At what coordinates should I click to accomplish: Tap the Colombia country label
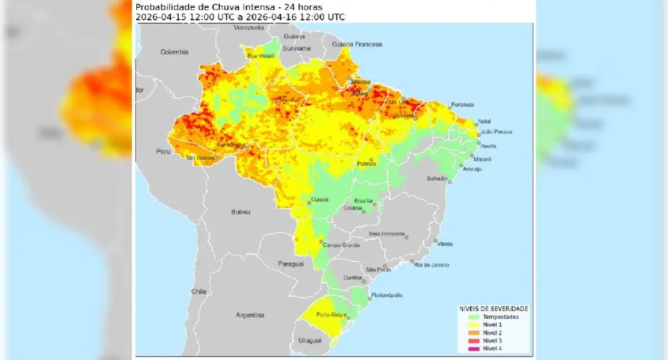tap(174, 52)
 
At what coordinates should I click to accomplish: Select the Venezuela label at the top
tap(249, 28)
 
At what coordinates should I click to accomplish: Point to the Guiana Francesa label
tap(357, 44)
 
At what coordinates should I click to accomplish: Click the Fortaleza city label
tap(461, 104)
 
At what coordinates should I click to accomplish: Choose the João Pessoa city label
tap(495, 132)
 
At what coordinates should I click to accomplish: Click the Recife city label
tap(488, 146)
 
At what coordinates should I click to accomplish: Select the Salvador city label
tap(437, 178)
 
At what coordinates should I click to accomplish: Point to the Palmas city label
tap(366, 164)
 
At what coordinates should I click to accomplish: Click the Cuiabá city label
tap(320, 200)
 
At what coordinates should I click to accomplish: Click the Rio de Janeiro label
tap(433, 264)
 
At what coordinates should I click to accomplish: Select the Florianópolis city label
tap(387, 295)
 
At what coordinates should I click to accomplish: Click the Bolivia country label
tap(241, 212)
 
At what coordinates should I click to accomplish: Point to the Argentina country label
tap(249, 315)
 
